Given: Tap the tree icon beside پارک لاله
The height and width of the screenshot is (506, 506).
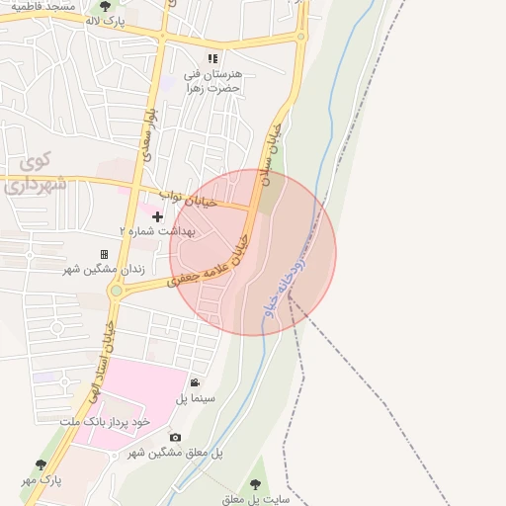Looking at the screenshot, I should click(x=106, y=6).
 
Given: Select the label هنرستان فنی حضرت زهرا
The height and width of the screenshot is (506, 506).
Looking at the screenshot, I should click(x=219, y=81).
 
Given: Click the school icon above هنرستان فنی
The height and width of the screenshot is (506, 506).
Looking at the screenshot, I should click(x=212, y=58).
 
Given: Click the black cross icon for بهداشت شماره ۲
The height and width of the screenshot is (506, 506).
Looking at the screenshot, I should click(x=157, y=215).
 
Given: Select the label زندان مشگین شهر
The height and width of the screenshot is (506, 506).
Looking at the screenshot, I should click(x=104, y=269).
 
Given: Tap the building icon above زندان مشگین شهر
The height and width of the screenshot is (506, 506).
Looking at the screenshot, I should click(x=104, y=254).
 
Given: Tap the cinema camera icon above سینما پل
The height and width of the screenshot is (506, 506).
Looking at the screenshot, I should click(x=195, y=382).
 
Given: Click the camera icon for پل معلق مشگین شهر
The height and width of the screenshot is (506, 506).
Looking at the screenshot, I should click(x=175, y=437).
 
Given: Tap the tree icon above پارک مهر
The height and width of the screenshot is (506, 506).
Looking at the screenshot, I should click(x=41, y=464).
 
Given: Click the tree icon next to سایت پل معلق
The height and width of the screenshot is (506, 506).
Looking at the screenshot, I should click(x=256, y=484).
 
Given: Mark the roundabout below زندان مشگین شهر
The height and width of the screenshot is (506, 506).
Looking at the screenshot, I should click(x=117, y=291).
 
